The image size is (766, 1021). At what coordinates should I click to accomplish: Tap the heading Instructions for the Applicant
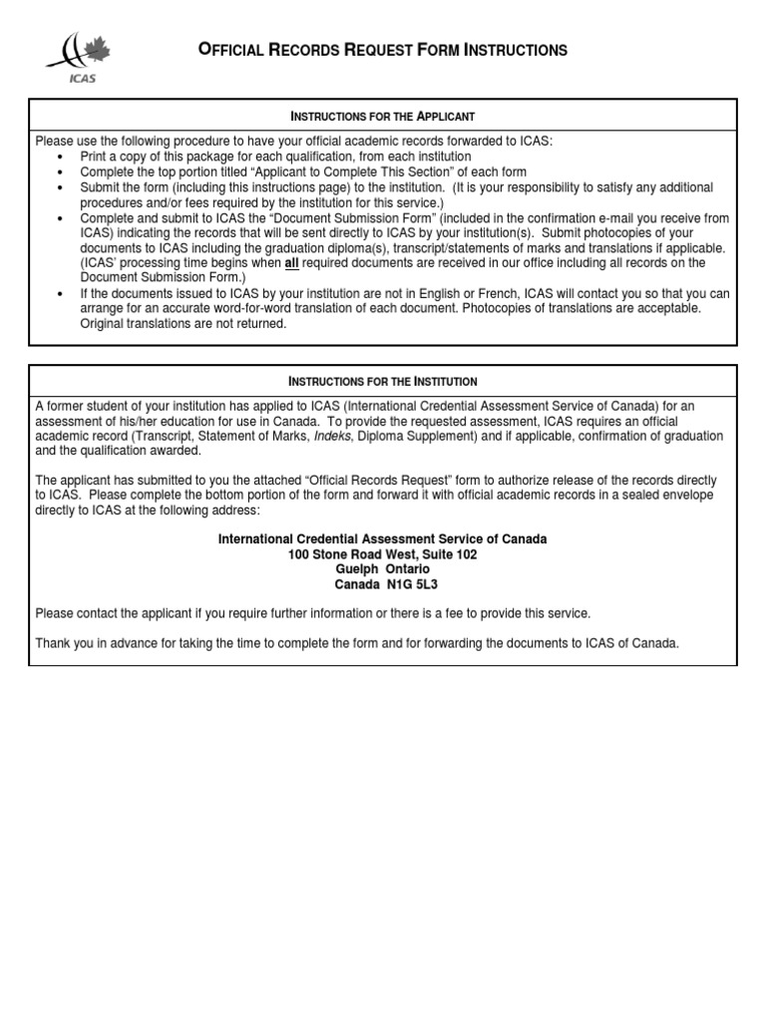pos(382,117)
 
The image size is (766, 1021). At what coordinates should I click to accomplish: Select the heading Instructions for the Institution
pos(382,381)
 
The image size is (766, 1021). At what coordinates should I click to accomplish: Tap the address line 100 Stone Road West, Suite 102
pos(382,554)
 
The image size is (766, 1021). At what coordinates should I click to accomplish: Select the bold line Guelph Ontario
pos(382,569)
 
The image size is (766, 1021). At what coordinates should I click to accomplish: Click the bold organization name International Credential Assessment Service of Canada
pos(382,539)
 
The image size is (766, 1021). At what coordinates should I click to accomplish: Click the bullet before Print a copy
pos(61,158)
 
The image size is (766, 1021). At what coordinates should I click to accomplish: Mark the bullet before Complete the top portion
pos(61,172)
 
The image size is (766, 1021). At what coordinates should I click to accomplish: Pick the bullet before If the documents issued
pos(61,293)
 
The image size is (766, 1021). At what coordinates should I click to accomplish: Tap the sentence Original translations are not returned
pos(183,323)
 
